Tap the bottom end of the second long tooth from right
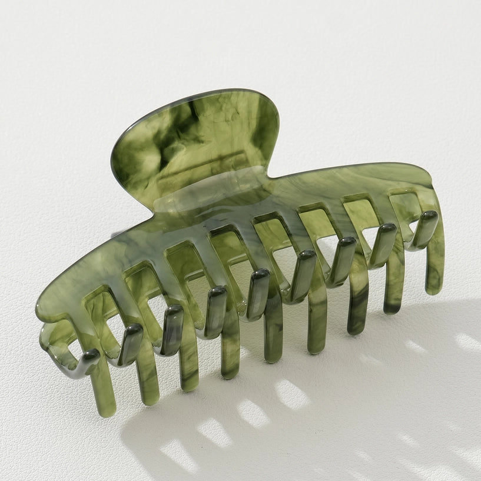[x=394, y=307]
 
